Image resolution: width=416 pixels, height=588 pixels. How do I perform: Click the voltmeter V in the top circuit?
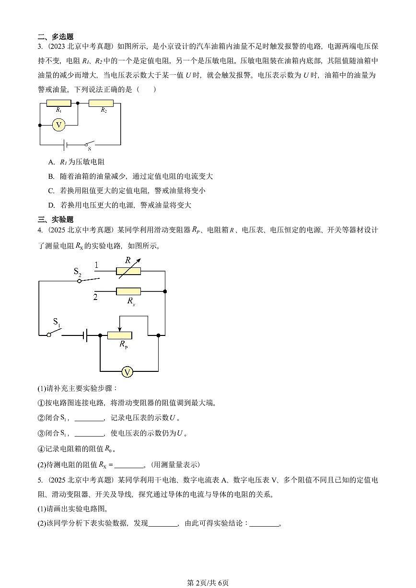click(59, 125)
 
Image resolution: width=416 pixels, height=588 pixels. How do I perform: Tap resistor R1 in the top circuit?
click(58, 103)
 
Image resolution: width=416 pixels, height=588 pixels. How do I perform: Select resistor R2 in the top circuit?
click(101, 103)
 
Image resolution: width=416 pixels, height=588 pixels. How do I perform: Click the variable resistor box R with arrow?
click(128, 271)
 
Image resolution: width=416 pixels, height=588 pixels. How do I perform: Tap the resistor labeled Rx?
click(128, 291)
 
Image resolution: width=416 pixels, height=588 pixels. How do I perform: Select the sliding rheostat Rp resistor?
click(119, 335)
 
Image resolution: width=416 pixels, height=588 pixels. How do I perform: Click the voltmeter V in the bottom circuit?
click(127, 372)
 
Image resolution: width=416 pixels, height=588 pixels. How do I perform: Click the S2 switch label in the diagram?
click(77, 271)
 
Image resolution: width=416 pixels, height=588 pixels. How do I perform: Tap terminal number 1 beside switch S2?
click(96, 265)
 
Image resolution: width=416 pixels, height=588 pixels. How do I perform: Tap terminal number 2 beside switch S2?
click(95, 297)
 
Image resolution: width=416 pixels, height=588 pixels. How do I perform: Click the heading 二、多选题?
click(55, 36)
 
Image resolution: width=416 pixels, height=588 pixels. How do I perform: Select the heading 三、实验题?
click(55, 219)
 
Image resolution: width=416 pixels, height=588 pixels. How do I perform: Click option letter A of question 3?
click(51, 162)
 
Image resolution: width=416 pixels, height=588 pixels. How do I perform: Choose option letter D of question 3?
click(51, 205)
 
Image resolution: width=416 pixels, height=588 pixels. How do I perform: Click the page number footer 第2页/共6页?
click(208, 583)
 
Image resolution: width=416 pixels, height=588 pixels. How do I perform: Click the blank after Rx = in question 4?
click(129, 465)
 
